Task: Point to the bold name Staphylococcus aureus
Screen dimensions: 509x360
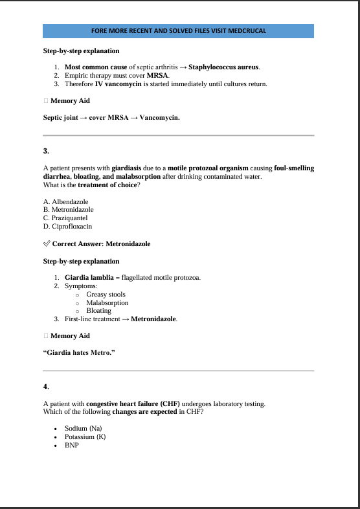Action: click(x=224, y=67)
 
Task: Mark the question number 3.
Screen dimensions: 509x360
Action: click(x=46, y=151)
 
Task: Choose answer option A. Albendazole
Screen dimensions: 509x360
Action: click(x=65, y=202)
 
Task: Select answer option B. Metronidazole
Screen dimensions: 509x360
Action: click(x=69, y=210)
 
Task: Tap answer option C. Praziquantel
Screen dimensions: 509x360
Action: click(x=65, y=218)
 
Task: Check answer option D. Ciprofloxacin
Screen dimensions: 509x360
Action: click(x=67, y=227)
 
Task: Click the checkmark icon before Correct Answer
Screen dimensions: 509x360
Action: click(x=47, y=243)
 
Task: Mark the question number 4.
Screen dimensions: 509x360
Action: click(x=46, y=387)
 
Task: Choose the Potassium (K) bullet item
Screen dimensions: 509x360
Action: click(x=85, y=436)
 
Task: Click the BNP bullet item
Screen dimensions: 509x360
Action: click(x=72, y=445)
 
